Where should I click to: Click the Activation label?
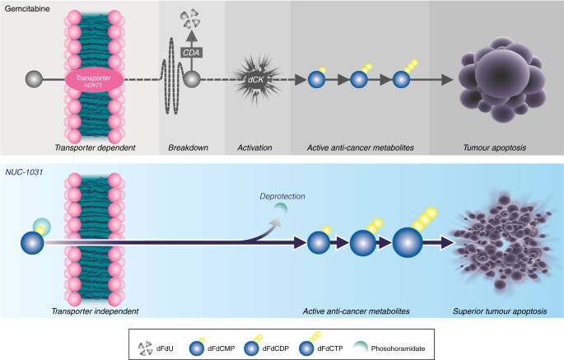pos(254,147)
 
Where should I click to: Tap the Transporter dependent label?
pos(94,147)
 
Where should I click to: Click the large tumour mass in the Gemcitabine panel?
pos(496,75)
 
